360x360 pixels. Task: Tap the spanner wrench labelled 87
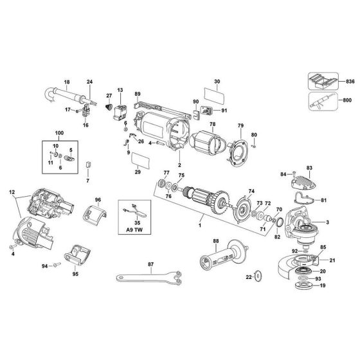pos(150,278)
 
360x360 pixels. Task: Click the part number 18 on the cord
pos(66,82)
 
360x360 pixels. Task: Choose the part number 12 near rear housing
pos(12,192)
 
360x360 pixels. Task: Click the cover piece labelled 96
pos(94,213)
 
